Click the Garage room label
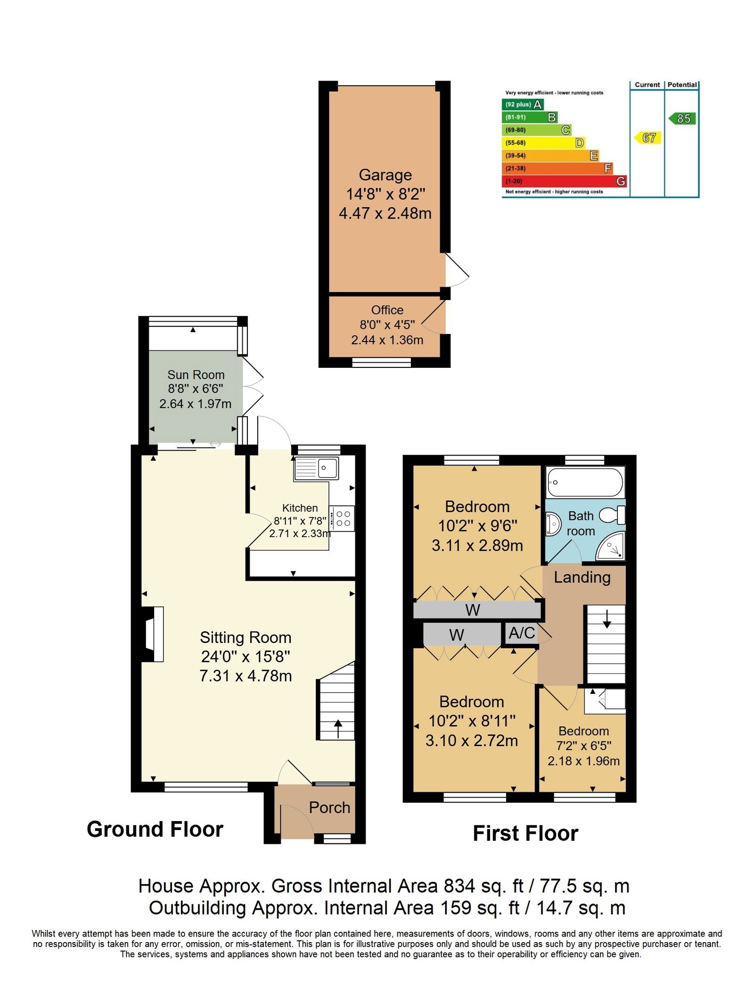point(385,175)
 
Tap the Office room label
point(387,310)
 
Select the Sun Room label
point(196,374)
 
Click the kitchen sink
point(316,468)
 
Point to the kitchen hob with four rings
point(342,519)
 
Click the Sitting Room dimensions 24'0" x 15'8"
point(246,656)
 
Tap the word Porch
point(329,807)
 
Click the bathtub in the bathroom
point(585,482)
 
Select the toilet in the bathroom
point(612,515)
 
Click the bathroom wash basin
point(553,523)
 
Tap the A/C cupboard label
point(522,633)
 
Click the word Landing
point(582,578)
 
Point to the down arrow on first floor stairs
point(607,619)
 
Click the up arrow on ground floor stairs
point(338,728)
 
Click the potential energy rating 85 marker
point(682,118)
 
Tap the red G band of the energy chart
point(564,181)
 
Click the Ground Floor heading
point(155,830)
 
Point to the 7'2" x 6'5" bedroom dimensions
point(584,746)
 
